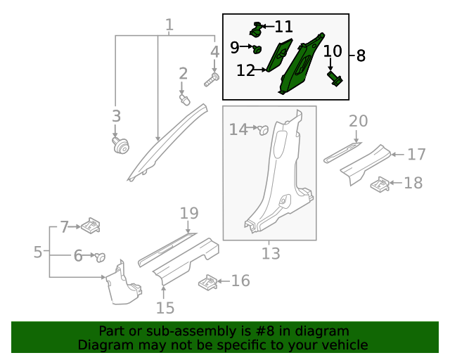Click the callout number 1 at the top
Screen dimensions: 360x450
pos(169,26)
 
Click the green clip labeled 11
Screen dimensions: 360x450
pos(257,30)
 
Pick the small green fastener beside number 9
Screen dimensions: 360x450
pos(258,49)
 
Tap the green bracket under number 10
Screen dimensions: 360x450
pos(335,79)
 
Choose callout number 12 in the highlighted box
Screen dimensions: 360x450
pos(245,70)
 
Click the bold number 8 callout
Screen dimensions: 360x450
pos(361,56)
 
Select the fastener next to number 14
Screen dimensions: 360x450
pos(264,129)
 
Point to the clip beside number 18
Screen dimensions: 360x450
pos(380,185)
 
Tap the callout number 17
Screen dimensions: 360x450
pos(416,153)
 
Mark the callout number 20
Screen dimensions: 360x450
pos(358,122)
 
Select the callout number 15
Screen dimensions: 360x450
pos(165,307)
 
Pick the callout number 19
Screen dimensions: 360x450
pos(189,213)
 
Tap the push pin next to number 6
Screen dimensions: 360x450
pos(100,257)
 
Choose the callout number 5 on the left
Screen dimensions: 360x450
pos(38,251)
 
